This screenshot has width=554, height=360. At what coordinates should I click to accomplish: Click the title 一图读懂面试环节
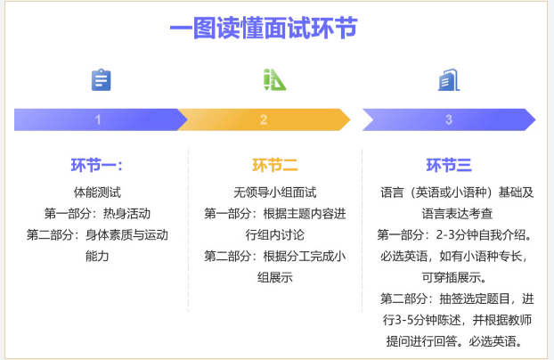tap(264, 28)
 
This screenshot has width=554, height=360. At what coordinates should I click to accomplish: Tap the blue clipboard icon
tap(101, 79)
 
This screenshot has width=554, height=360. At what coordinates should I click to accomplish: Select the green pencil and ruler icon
tap(274, 79)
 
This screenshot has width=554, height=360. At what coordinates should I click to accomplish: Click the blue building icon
tap(449, 79)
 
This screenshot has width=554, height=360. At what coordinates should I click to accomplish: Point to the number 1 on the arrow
tap(98, 120)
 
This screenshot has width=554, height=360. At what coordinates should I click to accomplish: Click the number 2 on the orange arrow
tap(264, 120)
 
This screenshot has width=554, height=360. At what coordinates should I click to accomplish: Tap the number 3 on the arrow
tap(449, 120)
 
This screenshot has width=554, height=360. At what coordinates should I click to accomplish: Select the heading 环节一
tap(96, 165)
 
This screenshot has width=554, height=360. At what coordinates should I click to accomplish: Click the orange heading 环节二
tap(275, 165)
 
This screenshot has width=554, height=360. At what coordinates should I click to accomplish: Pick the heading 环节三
tap(449, 165)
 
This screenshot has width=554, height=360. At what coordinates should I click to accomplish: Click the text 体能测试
tap(97, 192)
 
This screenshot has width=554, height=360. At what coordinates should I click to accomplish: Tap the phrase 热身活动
tap(126, 214)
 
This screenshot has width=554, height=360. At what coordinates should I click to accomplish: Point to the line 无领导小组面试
tap(275, 192)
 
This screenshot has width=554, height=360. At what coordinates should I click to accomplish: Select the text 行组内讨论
tap(275, 235)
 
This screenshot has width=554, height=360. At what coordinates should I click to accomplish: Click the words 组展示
tap(275, 277)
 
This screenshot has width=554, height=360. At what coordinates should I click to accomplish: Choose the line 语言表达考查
tap(457, 214)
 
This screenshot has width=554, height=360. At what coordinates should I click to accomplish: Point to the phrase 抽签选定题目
tap(475, 299)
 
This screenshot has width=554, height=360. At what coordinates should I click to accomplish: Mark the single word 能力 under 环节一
tap(97, 256)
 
